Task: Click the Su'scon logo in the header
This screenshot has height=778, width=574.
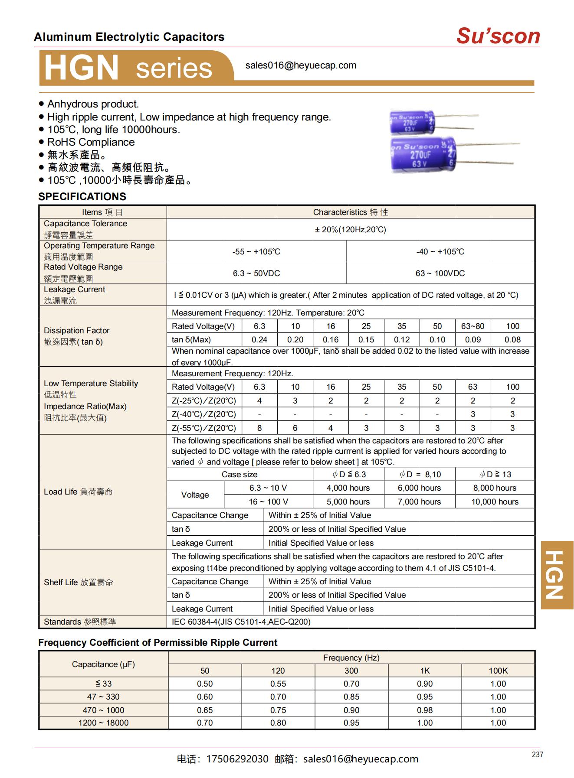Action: (498, 36)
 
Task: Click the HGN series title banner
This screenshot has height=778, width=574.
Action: (128, 68)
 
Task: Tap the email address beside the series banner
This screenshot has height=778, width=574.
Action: (301, 65)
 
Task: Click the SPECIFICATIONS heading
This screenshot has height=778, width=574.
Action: (82, 196)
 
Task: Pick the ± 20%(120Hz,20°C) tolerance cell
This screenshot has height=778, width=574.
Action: (350, 229)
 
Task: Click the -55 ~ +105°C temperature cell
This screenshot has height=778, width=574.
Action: (256, 251)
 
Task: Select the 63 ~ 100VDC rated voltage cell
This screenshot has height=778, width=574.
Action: (440, 273)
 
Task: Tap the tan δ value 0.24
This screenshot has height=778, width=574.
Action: (259, 340)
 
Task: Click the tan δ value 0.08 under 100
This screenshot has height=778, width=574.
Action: (512, 340)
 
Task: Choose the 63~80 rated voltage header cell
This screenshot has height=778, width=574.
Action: (472, 326)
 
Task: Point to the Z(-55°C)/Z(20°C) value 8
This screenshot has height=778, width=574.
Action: (259, 428)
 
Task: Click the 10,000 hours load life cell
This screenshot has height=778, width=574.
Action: (495, 501)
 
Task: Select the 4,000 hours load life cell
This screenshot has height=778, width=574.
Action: (348, 488)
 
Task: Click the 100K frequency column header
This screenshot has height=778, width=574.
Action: (498, 671)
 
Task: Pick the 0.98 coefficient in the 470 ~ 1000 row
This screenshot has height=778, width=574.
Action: (425, 710)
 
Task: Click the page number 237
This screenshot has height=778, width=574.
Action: (537, 755)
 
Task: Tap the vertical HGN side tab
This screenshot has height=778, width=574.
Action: (557, 575)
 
